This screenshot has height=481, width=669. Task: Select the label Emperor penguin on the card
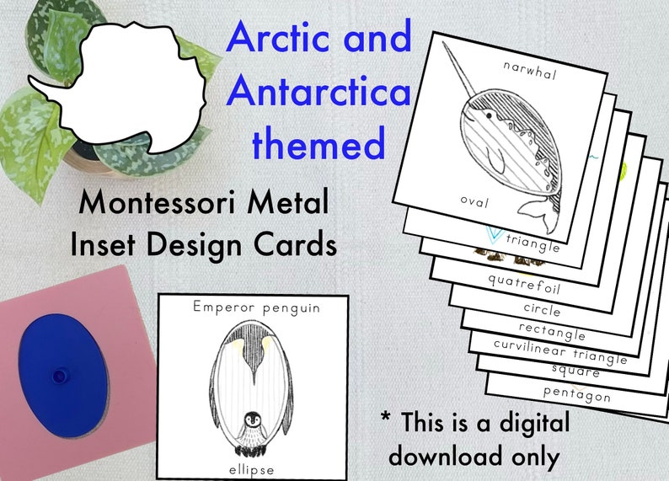[x=255, y=308]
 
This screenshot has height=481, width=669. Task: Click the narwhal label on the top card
[x=528, y=74]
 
